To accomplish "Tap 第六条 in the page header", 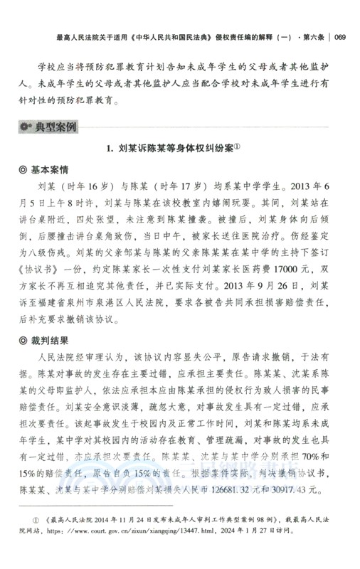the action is [x=307, y=38].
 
